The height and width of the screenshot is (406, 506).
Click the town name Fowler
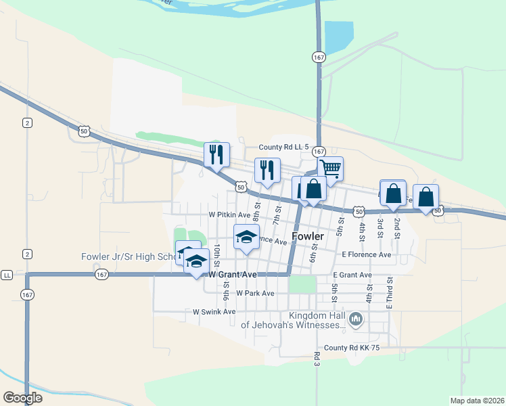[x=308, y=236]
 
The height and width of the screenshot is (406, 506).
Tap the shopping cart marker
[x=330, y=168]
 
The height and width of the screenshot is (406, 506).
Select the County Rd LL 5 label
[x=284, y=147]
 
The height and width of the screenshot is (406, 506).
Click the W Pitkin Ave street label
[x=229, y=215]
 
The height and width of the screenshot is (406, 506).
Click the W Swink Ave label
[x=214, y=312]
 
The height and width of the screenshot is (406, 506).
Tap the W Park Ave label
[x=250, y=293]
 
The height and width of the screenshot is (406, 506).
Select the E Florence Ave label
[x=367, y=254]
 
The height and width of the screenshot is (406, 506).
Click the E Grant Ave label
[x=352, y=275]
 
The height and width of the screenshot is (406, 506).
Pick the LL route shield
[x=7, y=275]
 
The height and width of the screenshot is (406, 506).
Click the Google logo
[x=23, y=398]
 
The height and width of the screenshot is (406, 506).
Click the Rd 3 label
[x=317, y=359]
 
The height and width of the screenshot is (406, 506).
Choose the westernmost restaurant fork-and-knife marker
[x=216, y=154]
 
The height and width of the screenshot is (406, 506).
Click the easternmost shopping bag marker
[x=425, y=197]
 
